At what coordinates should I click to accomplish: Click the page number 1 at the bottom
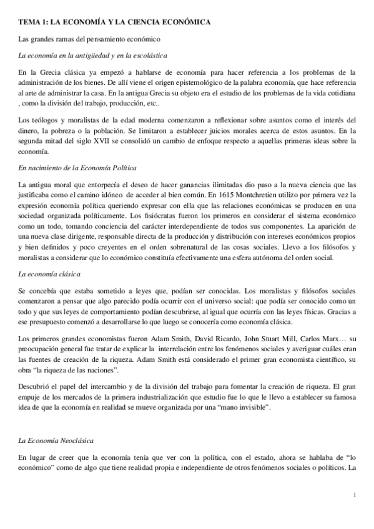[354, 496]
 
